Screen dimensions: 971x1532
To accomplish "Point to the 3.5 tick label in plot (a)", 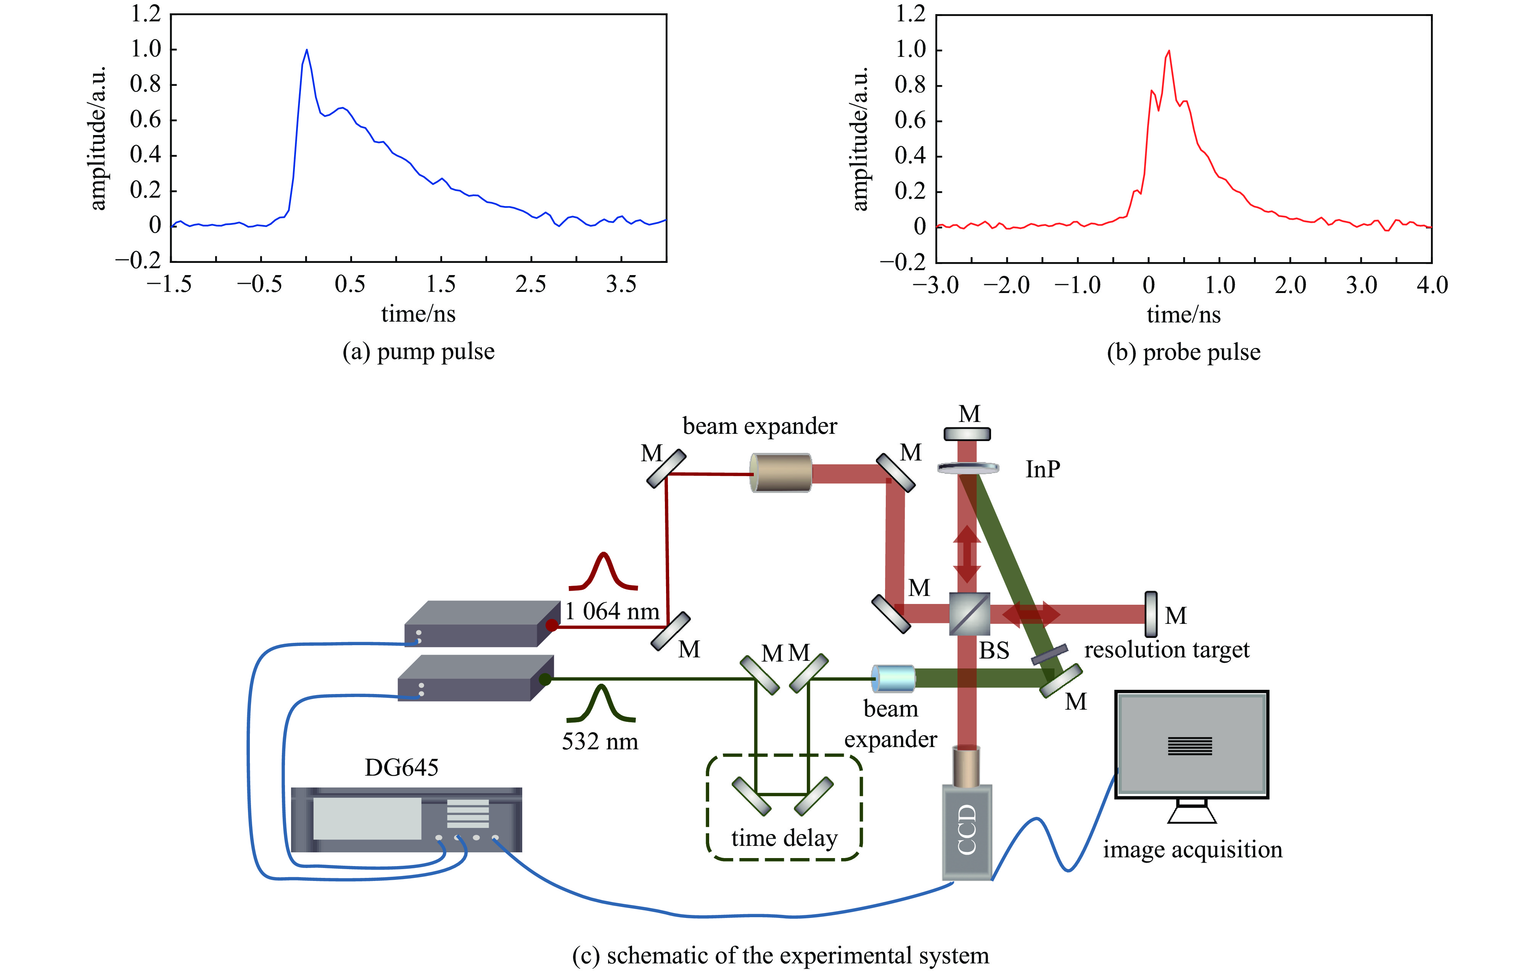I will click(621, 284).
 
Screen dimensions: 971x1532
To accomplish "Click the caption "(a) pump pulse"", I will click(418, 352).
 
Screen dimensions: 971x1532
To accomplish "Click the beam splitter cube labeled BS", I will click(969, 614).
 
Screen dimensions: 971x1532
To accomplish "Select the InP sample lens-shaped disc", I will click(968, 468).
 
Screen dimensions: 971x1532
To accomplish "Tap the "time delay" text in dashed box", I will click(784, 838).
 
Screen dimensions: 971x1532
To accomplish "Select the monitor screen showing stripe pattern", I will click(1191, 744).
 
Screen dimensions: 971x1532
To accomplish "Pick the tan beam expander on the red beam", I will click(780, 473).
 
